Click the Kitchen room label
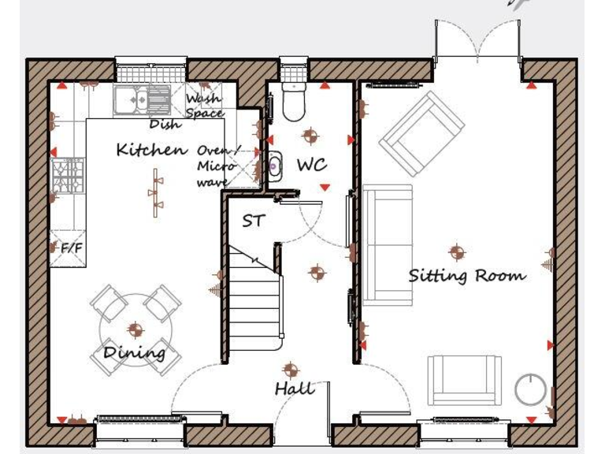pyautogui.click(x=152, y=149)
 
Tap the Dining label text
pyautogui.click(x=135, y=352)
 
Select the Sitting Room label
pyautogui.click(x=466, y=276)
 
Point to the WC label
pyautogui.click(x=311, y=166)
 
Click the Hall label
pyautogui.click(x=295, y=388)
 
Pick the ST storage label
pyautogui.click(x=253, y=221)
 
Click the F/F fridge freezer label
pyautogui.click(x=70, y=248)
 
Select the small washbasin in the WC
pyautogui.click(x=273, y=166)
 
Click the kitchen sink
pyautogui.click(x=141, y=100)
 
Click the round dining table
pyautogui.click(x=135, y=329)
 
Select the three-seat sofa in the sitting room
pyautogui.click(x=388, y=244)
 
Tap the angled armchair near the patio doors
pyautogui.click(x=422, y=133)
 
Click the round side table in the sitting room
pyautogui.click(x=530, y=389)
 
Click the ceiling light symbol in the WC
pyautogui.click(x=310, y=136)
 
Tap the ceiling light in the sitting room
pyautogui.click(x=457, y=252)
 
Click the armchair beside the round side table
pyautogui.click(x=465, y=381)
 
